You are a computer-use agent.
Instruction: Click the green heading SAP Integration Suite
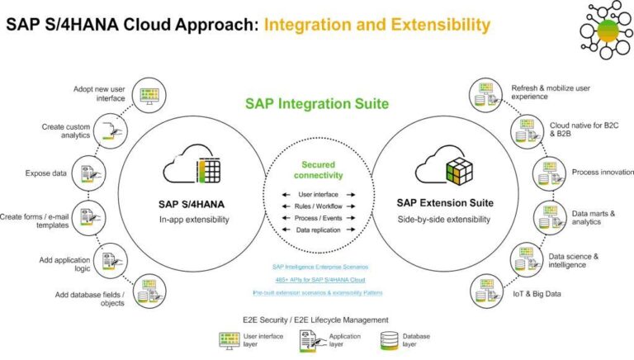click(316, 105)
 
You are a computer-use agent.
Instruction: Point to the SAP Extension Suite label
click(445, 202)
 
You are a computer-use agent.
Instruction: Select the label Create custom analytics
click(67, 132)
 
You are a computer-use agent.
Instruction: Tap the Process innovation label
click(602, 173)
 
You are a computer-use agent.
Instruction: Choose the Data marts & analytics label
click(593, 218)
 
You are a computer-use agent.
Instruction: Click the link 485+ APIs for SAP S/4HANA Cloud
click(317, 280)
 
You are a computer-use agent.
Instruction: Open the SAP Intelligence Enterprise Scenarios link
click(317, 267)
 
